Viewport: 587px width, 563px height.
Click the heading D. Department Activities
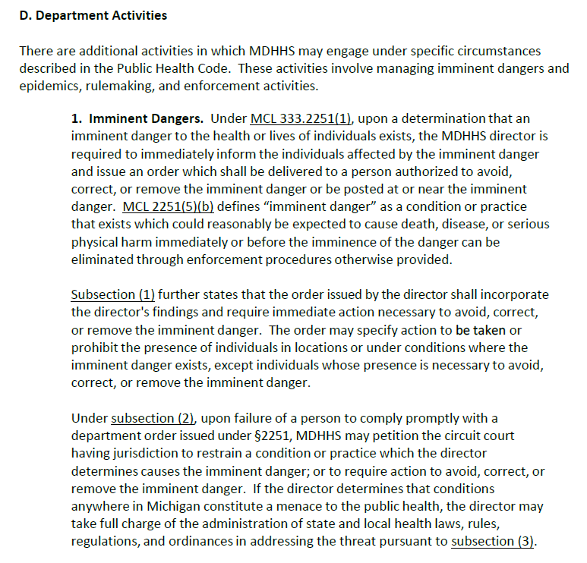pos(93,15)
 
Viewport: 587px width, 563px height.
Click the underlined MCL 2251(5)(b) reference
pos(167,206)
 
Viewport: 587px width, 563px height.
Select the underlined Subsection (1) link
pos(113,294)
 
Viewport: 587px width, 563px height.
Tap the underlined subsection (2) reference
pos(154,418)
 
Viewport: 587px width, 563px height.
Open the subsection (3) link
pos(493,541)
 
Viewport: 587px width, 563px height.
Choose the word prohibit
pos(94,348)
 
